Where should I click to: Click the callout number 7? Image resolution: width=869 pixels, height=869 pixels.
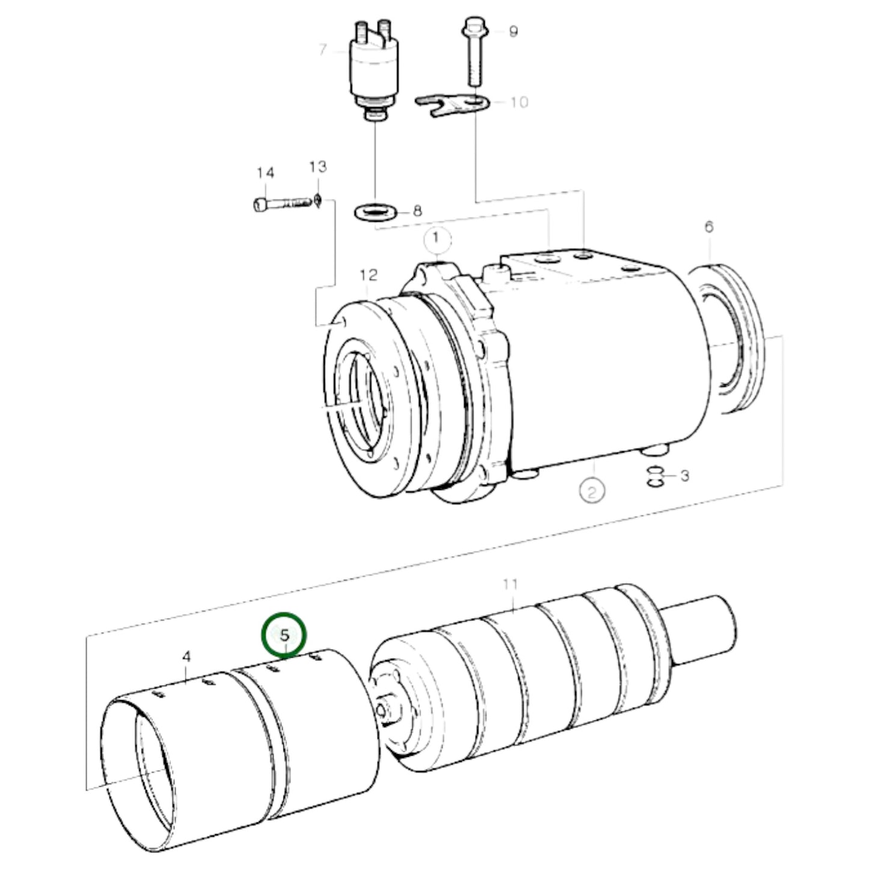tap(323, 49)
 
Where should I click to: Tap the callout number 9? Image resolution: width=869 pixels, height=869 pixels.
tap(512, 31)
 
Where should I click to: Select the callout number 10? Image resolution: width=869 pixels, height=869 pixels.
tap(518, 102)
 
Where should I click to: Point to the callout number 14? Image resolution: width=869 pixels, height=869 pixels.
tap(265, 173)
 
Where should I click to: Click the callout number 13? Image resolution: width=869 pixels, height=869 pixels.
tap(318, 167)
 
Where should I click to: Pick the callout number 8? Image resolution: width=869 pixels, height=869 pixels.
tap(417, 210)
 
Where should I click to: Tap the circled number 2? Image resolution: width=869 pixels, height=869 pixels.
tap(592, 493)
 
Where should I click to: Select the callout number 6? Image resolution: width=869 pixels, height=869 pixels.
tap(709, 227)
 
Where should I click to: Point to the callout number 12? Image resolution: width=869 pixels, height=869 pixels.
tap(369, 275)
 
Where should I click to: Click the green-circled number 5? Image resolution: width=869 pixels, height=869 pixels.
tap(284, 634)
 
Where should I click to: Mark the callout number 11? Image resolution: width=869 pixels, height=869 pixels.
tap(510, 583)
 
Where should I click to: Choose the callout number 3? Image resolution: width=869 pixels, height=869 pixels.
tap(684, 476)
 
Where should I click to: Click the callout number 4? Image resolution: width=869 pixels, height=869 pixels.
tap(186, 656)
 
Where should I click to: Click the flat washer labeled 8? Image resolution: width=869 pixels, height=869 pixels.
tap(373, 212)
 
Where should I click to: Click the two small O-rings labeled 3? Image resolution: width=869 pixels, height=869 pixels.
tap(656, 477)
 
